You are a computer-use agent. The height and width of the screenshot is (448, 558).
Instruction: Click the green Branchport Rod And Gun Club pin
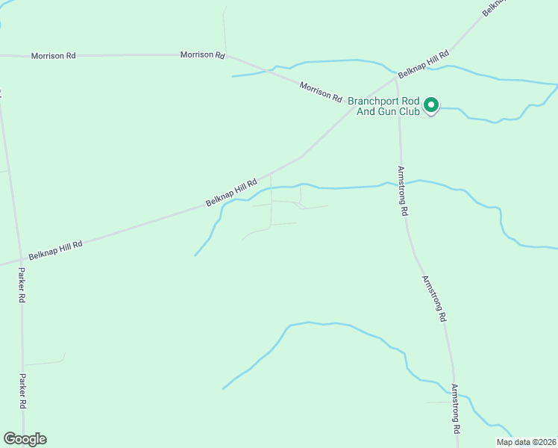[x=430, y=106]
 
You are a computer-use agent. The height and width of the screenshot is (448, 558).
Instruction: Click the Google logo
[x=25, y=439]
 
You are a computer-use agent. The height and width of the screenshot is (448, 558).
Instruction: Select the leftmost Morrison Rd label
[x=53, y=56]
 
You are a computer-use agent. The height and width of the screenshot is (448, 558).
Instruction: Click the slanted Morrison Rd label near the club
[x=320, y=93]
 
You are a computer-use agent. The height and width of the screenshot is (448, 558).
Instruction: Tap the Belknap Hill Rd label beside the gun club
[x=423, y=65]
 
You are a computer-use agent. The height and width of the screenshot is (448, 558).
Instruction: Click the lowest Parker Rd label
[x=23, y=391]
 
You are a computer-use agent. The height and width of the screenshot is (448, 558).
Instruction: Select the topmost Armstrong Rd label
[x=402, y=190]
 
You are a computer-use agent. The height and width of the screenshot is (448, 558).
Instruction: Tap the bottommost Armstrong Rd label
[x=455, y=409]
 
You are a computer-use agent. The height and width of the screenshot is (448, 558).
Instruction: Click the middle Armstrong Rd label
[x=434, y=299]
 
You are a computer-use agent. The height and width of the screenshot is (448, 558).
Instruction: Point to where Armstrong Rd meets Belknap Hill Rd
[x=395, y=77]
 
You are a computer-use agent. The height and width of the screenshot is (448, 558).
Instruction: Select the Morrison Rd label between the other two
[x=202, y=55]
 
